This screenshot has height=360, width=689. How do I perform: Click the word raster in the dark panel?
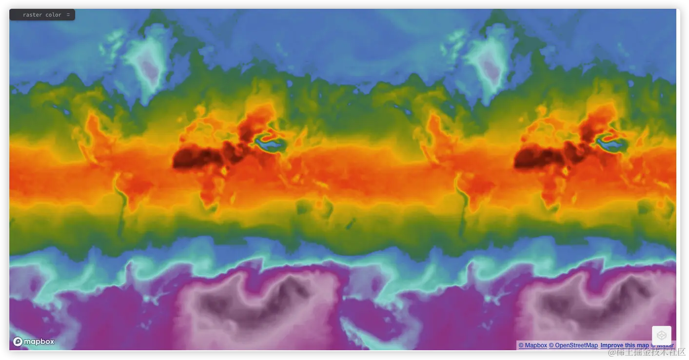pos(33,15)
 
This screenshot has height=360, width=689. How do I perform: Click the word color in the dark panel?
pos(54,15)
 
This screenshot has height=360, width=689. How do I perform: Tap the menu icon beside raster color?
pos(68,15)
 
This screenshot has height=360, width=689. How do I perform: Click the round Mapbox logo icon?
pos(18,341)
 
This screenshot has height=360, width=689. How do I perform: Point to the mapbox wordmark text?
pos(39,342)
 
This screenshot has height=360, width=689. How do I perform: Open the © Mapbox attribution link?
pos(532,345)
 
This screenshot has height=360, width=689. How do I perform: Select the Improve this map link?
pos(624,345)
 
